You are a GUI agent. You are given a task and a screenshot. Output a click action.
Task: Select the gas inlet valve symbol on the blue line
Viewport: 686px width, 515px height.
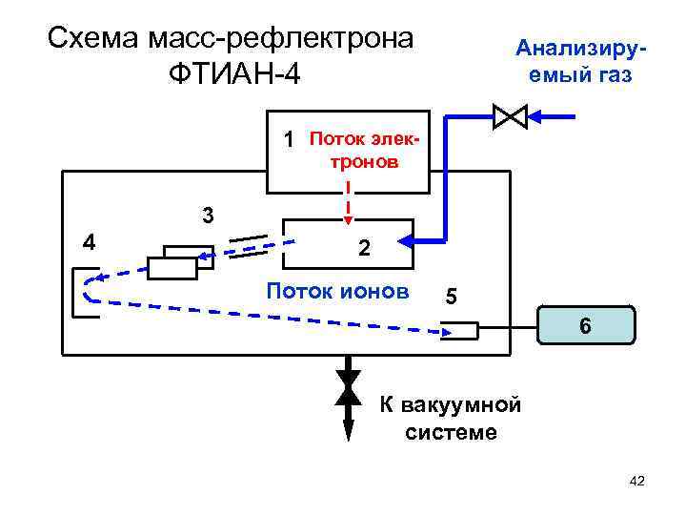(x=511, y=117)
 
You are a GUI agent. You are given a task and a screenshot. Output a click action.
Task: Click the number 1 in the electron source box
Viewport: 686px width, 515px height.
(x=290, y=140)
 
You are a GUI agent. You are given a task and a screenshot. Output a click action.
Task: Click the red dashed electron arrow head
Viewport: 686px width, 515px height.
(x=348, y=212)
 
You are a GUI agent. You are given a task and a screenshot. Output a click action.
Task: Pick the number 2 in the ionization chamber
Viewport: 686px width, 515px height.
(x=363, y=250)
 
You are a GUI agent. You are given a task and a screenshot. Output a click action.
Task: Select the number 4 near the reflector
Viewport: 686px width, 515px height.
(x=89, y=241)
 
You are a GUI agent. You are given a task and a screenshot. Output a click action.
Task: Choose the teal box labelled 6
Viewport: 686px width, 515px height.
(x=585, y=325)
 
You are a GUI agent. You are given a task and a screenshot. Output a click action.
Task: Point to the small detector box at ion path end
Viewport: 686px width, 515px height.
(x=461, y=331)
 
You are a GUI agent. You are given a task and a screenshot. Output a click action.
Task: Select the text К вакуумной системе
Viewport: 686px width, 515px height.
(x=451, y=418)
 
